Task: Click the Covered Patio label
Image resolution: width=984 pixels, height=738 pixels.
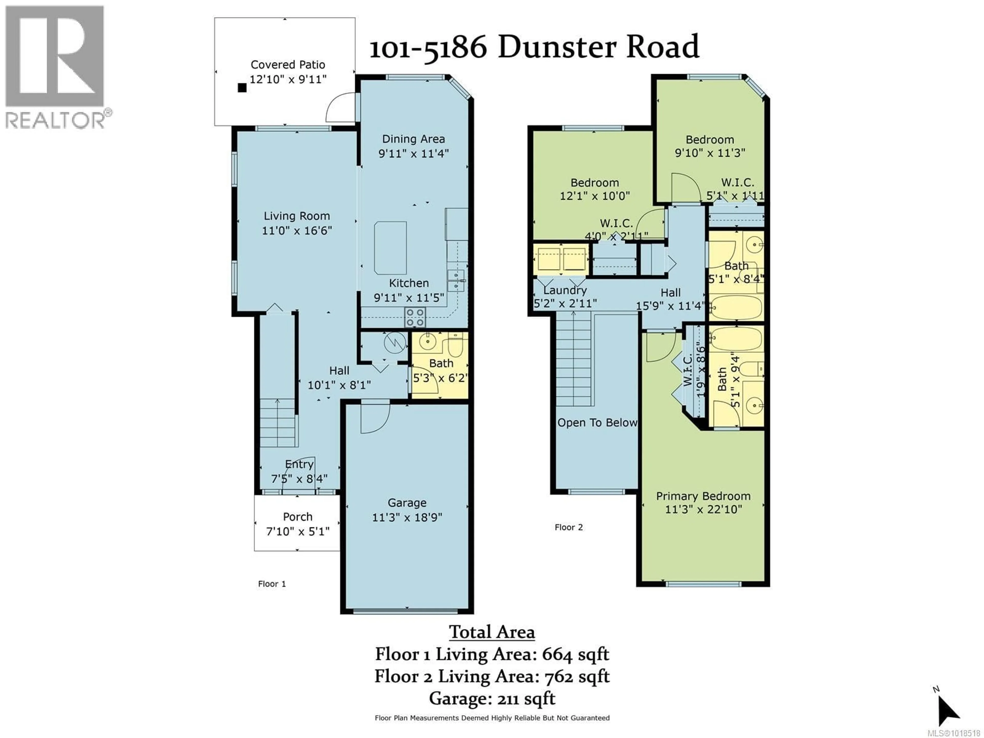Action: pos(288,65)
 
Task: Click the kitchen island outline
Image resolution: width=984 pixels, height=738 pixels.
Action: pos(390,248)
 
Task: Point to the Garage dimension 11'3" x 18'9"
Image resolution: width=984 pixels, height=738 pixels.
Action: pos(407,517)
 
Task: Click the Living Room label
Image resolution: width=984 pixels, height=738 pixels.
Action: pos(297,216)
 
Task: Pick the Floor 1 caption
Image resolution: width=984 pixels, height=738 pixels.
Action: pos(272,584)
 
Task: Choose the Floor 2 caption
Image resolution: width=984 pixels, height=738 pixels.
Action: pos(569,528)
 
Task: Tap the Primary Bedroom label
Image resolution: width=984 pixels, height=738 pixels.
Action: pos(703,496)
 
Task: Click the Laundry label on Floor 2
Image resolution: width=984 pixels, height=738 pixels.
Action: pos(565,291)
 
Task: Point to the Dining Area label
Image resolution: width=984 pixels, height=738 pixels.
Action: pos(413,139)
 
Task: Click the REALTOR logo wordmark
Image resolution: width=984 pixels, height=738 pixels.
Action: pos(56,120)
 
